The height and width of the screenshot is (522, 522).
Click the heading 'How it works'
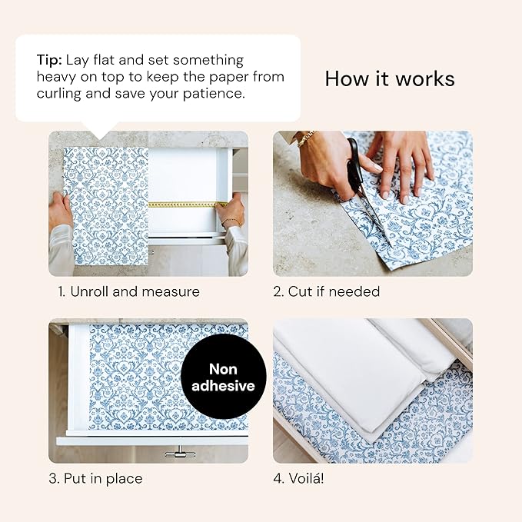coord(389,78)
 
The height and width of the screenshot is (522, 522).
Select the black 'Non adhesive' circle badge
coord(223,376)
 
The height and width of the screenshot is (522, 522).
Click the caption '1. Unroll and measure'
coord(128,291)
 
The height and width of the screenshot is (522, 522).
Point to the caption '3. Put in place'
coord(95,478)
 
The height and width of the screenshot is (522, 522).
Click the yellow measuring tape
coord(185,204)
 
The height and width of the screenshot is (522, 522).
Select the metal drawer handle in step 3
coord(176,453)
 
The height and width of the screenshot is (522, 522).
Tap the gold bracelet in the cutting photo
coord(306,139)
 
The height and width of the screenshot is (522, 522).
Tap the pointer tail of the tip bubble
coord(100,128)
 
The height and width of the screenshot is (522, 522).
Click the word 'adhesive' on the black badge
coord(223,386)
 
